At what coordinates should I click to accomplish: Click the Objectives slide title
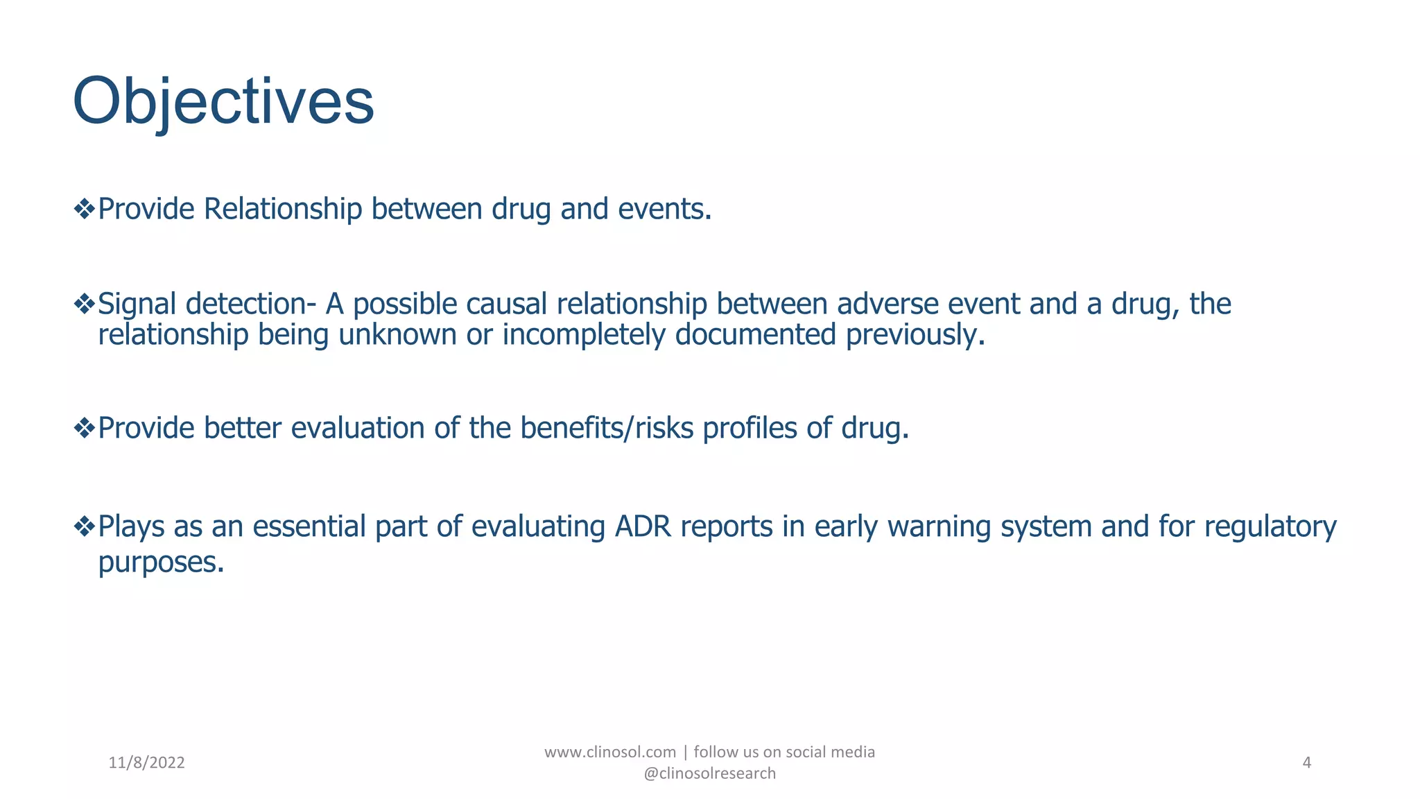coord(223,102)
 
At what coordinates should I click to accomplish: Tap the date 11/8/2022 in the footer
coord(147,763)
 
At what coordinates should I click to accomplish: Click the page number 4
coord(1307,763)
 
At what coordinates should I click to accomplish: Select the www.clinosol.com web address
coord(609,752)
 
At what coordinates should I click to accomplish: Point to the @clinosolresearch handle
coord(709,773)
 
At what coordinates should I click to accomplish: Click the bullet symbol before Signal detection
coord(84,304)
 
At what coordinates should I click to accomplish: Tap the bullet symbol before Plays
coord(84,526)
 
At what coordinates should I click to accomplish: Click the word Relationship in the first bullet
coord(282,209)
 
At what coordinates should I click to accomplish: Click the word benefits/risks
coord(607,428)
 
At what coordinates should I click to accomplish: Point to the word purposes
coord(161,562)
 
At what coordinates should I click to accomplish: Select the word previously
coord(915,335)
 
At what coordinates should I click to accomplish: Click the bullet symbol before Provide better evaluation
coord(84,428)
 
